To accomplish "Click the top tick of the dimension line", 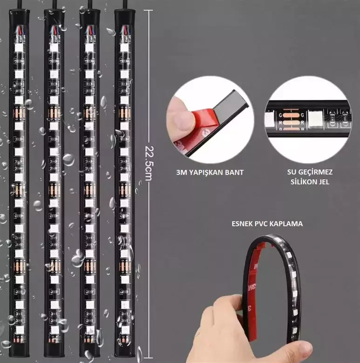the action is click(x=148, y=10).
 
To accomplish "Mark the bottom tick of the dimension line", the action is click(x=148, y=358).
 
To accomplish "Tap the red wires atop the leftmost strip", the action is click(x=19, y=31).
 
